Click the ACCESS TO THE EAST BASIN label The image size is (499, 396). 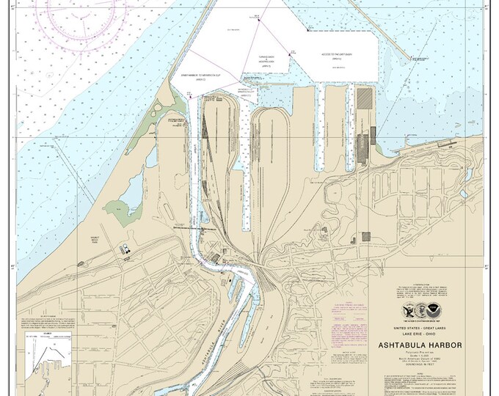(338, 54)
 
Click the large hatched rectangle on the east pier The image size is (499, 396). (364, 98)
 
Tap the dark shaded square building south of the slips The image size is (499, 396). (365, 237)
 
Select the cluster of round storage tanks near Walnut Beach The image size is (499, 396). (126, 249)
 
